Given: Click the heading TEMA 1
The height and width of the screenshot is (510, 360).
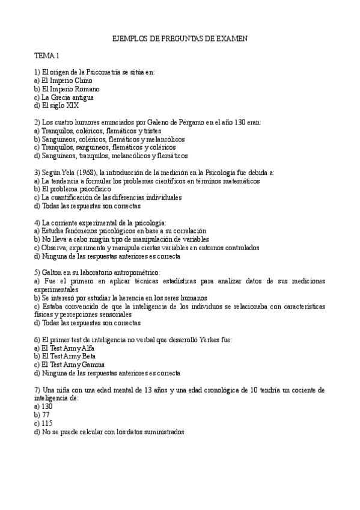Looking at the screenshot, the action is [46, 56].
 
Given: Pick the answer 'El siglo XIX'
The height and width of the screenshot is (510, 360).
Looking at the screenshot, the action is [56, 105].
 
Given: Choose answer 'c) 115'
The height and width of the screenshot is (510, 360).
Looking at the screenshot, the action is [43, 423].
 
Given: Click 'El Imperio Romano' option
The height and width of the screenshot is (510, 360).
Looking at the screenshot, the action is [65, 88].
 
